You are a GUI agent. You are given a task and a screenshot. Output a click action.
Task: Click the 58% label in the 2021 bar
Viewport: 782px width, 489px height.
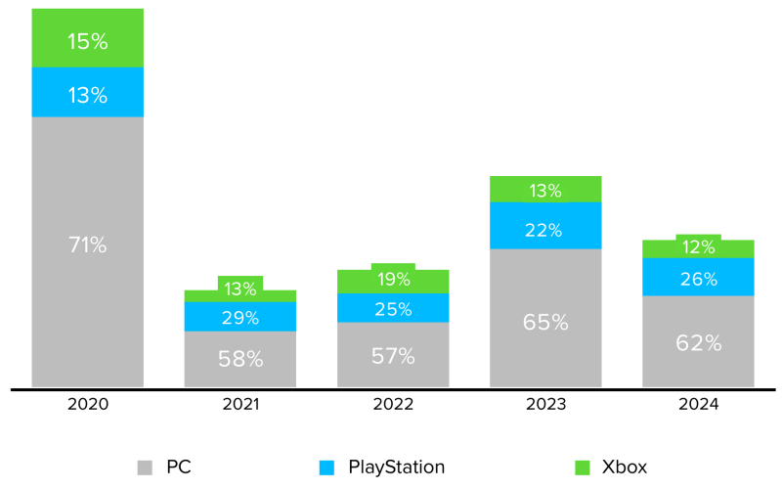239,359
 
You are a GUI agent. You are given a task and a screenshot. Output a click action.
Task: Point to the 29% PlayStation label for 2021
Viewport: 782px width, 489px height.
239,318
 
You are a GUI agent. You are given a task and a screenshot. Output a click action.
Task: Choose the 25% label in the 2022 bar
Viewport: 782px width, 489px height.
393,309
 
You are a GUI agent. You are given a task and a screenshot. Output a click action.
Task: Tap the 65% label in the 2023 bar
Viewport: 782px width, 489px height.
545,321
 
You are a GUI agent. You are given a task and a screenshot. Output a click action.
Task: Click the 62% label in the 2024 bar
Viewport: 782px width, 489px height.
698,342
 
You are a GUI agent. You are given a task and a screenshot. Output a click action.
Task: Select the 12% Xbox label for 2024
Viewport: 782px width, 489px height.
698,245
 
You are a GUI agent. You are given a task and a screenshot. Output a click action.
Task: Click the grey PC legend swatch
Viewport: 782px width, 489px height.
146,467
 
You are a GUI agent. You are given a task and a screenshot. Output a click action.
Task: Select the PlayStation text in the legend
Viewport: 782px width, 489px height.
396,467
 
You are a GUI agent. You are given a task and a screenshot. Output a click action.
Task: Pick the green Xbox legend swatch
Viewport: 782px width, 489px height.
585,467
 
